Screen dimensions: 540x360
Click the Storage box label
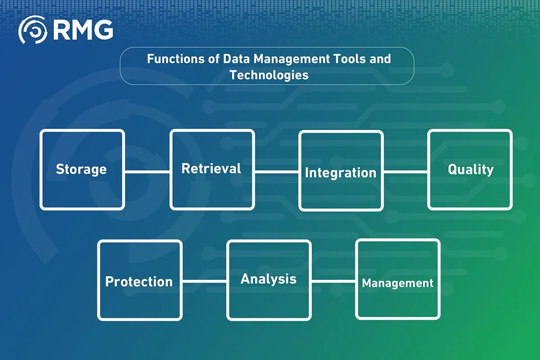pos(81,170)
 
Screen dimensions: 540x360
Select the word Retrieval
pos(211,168)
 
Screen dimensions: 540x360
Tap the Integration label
pos(340,173)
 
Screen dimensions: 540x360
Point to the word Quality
pos(471,170)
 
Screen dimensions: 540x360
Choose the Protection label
pos(139,281)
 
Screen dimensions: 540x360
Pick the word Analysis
pos(268,279)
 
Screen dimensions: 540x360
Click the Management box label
pos(397,283)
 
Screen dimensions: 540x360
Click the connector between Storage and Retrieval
pos(147,172)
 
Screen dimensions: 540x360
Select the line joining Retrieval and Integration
pos(277,172)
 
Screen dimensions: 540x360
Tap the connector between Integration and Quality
pos(406,172)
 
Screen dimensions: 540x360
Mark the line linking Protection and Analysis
pos(204,281)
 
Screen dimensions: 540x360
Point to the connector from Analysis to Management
pos(333,281)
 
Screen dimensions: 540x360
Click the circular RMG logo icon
pos(32,30)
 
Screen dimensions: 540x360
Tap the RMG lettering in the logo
pos(83,30)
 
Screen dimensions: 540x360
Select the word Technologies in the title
pos(269,75)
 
